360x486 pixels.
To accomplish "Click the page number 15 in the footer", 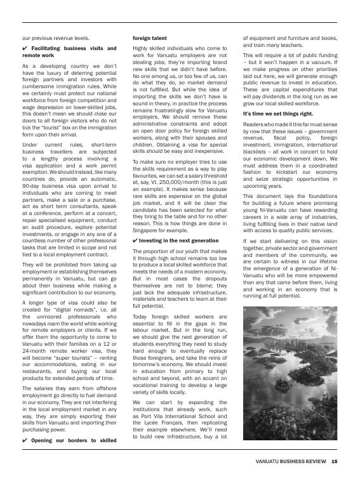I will pos(334,461).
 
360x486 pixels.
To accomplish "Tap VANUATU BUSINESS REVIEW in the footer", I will pos(291,461).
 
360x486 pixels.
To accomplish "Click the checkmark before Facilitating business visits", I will pos(25,48).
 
